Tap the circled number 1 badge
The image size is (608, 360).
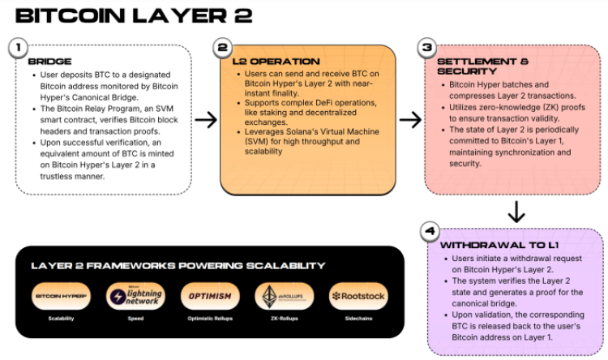[18, 48]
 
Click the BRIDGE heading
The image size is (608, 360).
[49, 62]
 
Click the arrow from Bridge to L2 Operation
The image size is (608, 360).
[207, 120]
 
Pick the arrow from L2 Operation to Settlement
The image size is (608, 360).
[411, 120]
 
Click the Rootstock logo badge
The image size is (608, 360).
[357, 296]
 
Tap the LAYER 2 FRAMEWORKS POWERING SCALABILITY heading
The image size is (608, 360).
[178, 265]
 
